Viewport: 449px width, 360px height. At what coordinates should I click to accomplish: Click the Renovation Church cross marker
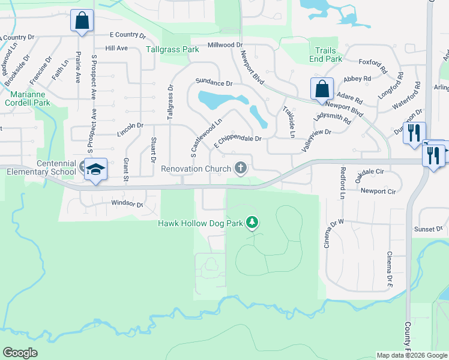click(241, 168)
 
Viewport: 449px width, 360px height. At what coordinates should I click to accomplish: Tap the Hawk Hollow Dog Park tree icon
click(252, 223)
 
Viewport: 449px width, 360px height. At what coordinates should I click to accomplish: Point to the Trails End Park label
click(327, 55)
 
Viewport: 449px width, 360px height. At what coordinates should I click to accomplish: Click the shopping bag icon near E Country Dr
click(82, 21)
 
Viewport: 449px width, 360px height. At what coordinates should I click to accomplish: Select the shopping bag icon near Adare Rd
click(322, 89)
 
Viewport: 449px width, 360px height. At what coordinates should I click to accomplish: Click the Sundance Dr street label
click(214, 83)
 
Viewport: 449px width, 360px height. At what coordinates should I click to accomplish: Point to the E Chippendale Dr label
click(238, 139)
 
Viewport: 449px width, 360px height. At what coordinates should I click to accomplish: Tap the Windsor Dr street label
click(127, 204)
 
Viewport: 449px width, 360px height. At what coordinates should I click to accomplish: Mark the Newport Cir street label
click(378, 191)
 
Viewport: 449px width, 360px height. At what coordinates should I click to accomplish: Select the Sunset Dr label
click(427, 229)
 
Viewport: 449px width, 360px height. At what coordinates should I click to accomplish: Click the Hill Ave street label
click(116, 48)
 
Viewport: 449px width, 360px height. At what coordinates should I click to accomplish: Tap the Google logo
click(20, 353)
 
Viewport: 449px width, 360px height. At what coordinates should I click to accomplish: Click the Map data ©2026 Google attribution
click(412, 355)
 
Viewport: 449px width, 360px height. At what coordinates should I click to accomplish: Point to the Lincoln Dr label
click(131, 125)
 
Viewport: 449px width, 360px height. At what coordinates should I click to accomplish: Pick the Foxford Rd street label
click(371, 62)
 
